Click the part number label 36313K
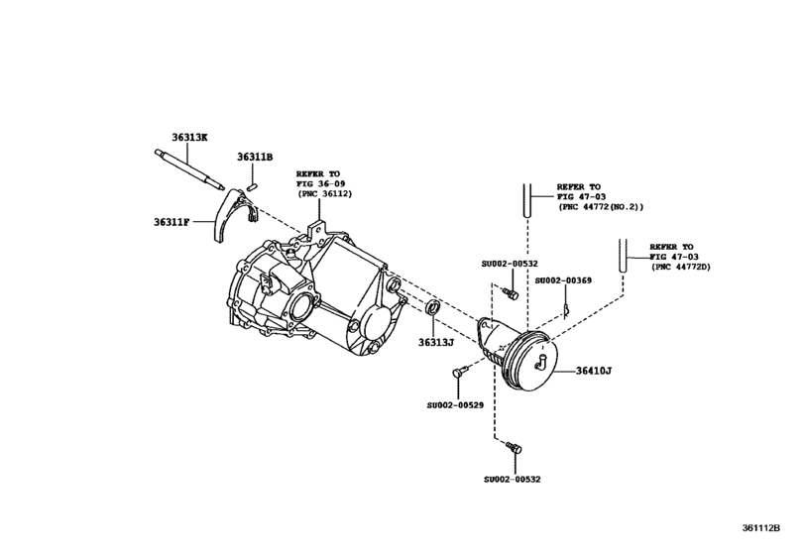click(187, 137)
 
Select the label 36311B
click(255, 157)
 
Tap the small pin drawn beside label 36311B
click(253, 183)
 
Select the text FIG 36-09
click(318, 184)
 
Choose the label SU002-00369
click(563, 280)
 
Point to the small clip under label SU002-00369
click(564, 308)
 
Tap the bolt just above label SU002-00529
click(459, 373)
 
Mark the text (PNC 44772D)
click(683, 268)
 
